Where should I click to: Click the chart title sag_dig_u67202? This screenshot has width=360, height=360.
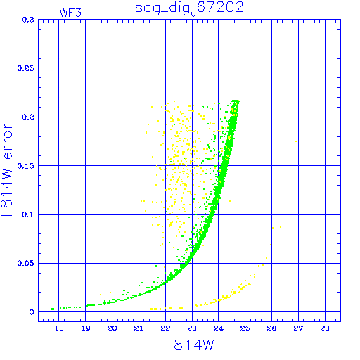189,8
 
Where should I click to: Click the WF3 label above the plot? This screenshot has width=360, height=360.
70,13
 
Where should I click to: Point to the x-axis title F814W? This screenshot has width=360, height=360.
190,345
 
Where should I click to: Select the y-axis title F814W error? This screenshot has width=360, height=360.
6,170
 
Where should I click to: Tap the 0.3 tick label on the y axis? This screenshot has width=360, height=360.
28,20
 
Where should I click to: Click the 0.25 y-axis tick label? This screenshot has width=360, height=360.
26,68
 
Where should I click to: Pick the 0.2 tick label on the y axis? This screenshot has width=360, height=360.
28,117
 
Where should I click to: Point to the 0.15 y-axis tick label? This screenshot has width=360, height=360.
26,166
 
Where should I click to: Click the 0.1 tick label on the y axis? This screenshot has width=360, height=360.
28,214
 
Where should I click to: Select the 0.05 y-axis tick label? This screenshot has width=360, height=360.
26,263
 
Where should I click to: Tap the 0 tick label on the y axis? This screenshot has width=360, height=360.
32,312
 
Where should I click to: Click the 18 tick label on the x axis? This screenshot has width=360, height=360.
59,328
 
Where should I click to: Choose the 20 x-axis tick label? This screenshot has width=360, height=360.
112,328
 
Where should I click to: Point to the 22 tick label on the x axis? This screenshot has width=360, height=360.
165,328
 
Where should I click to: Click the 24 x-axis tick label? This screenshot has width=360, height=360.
219,328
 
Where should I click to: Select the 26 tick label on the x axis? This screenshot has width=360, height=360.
271,328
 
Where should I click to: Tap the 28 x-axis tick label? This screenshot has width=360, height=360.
325,328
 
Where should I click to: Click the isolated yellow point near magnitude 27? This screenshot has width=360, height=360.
297,141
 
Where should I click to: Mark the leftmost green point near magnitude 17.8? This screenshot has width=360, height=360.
53,309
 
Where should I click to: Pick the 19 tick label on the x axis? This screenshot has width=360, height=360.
86,328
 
